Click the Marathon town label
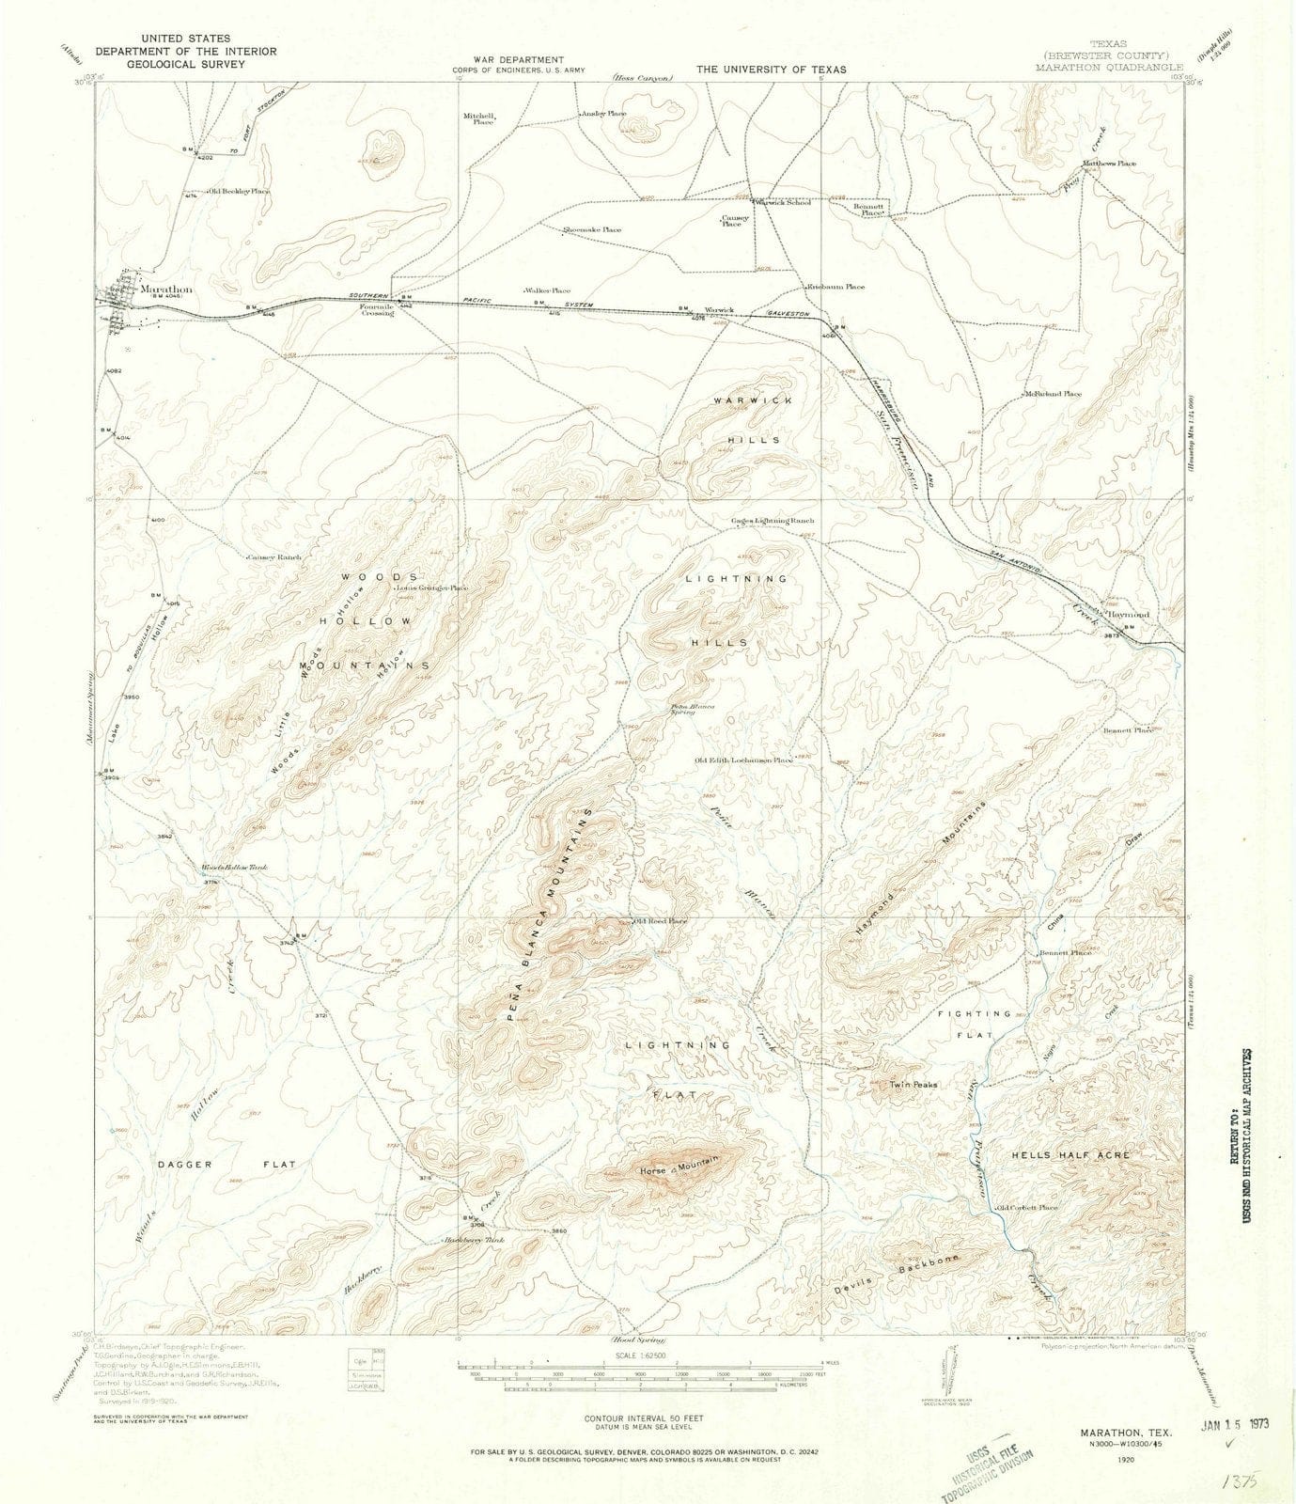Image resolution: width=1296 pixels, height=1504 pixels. pos(165,290)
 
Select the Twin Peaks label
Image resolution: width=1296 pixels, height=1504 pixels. pos(913,1085)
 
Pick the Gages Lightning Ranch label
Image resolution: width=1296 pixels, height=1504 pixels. pos(773,521)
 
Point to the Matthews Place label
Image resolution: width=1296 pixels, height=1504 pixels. pos(1109,164)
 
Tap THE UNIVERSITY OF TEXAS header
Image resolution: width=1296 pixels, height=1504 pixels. pos(771,70)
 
